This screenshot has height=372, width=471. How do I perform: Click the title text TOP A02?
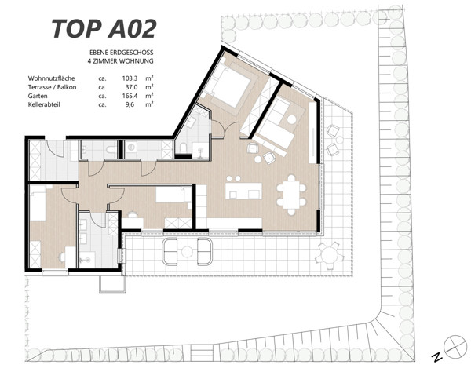click(x=104, y=27)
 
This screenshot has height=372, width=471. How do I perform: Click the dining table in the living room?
click(x=293, y=193)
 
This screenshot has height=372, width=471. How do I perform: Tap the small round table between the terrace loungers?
click(x=188, y=251)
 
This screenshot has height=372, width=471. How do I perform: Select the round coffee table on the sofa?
click(x=291, y=119)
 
